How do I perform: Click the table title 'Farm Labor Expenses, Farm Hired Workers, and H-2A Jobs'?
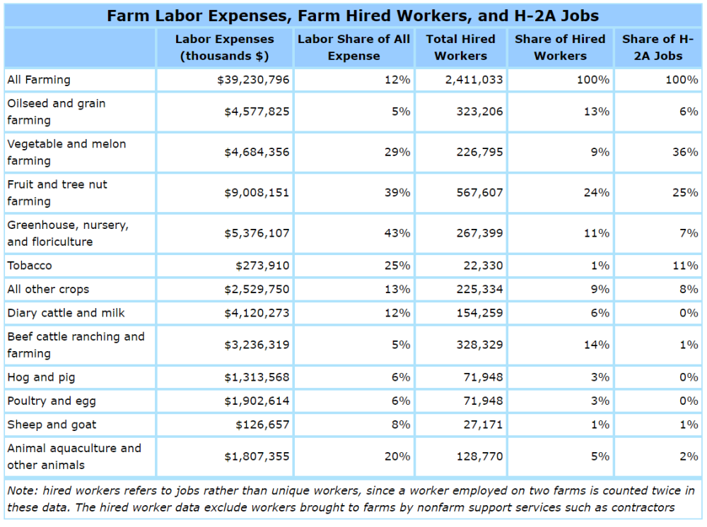click(x=353, y=16)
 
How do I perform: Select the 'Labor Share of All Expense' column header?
click(x=353, y=47)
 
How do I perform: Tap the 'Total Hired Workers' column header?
click(x=460, y=47)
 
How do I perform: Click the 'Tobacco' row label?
click(x=30, y=266)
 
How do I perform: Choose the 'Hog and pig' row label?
click(x=41, y=377)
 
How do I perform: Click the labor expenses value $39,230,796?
click(x=254, y=80)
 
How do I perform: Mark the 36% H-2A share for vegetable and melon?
click(x=686, y=152)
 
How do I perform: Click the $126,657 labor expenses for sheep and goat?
click(x=262, y=425)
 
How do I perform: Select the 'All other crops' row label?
click(x=48, y=290)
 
